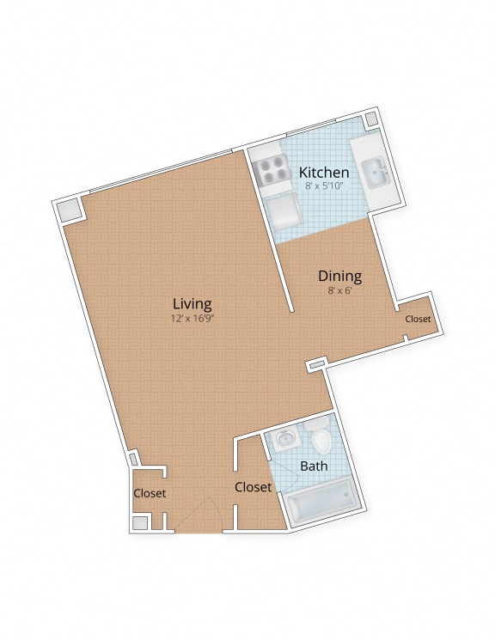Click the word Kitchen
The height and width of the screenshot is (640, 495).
tap(324, 172)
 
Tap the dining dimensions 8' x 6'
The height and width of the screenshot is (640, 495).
tap(339, 290)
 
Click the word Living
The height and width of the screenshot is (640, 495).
tap(192, 303)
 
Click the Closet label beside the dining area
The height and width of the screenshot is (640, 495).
tap(418, 319)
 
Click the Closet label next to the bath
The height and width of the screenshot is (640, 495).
tap(253, 487)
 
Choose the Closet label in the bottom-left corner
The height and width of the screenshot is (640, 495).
tap(149, 494)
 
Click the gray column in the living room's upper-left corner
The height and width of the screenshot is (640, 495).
tap(68, 209)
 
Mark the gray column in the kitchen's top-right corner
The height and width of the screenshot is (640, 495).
tap(371, 119)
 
